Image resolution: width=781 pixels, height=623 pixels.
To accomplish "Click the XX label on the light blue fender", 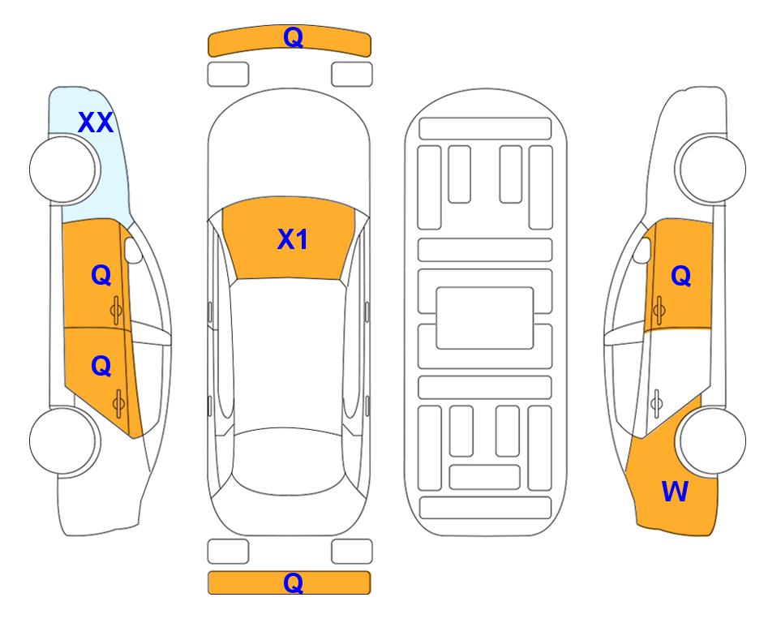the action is pyautogui.click(x=96, y=122).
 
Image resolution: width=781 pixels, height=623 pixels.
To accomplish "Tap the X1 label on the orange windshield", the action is pyautogui.click(x=293, y=239).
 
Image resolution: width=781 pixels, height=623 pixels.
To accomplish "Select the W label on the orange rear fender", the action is pyautogui.click(x=675, y=492).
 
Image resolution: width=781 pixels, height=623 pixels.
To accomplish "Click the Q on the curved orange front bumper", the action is pyautogui.click(x=293, y=37).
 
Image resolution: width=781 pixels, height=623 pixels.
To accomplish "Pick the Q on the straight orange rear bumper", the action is pyautogui.click(x=293, y=582).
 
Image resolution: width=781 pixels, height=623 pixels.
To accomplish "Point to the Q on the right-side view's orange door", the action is pyautogui.click(x=681, y=275).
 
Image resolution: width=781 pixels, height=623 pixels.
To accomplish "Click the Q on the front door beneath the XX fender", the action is pyautogui.click(x=101, y=275).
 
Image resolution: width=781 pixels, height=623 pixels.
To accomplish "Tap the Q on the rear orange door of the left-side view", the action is pyautogui.click(x=101, y=367).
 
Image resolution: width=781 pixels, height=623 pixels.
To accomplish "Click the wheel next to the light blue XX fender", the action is pyautogui.click(x=63, y=170).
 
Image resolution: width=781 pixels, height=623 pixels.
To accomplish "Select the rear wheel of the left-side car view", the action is pyautogui.click(x=63, y=440).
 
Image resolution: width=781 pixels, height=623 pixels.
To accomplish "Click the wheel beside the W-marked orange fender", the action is pyautogui.click(x=712, y=440).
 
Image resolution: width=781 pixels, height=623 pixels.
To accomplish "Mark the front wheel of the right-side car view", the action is pyautogui.click(x=712, y=169).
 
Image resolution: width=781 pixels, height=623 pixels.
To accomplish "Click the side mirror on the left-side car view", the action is pyautogui.click(x=133, y=250).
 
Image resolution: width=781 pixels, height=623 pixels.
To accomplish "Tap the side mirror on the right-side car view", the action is pyautogui.click(x=642, y=250).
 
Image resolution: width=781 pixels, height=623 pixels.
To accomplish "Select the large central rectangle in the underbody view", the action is pyautogui.click(x=485, y=318).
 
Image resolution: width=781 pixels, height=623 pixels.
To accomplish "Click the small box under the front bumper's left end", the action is pyautogui.click(x=228, y=75).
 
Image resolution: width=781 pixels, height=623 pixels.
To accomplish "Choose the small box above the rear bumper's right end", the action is pyautogui.click(x=352, y=552).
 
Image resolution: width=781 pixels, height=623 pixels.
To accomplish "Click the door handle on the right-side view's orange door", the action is pyautogui.click(x=659, y=310).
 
